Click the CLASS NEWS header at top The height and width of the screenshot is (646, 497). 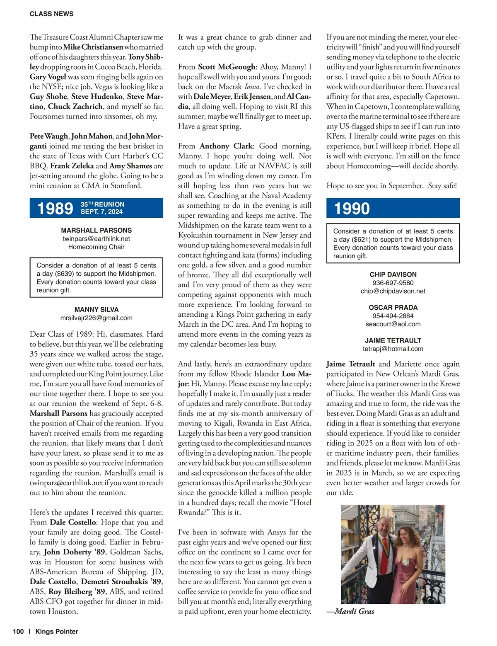tap(51, 14)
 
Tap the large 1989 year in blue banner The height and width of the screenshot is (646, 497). tap(55, 208)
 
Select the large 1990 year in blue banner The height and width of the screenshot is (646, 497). tap(352, 208)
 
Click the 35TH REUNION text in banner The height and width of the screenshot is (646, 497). tap(102, 204)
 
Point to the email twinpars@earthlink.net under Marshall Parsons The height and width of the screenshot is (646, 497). tap(96, 239)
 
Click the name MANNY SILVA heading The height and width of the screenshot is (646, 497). tap(97, 309)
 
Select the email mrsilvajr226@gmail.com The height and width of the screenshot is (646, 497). tap(97, 318)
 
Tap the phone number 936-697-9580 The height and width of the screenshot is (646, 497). tap(393, 283)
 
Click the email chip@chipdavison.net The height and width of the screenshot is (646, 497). tap(393, 291)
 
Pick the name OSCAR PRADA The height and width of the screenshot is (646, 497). tap(393, 307)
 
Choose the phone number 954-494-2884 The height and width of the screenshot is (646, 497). tap(393, 316)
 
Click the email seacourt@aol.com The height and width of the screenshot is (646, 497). tap(393, 324)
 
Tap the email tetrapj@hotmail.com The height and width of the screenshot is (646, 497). tap(393, 349)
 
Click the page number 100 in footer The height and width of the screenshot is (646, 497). tap(18, 631)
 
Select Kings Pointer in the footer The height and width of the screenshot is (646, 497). tap(57, 631)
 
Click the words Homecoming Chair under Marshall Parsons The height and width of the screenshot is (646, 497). tap(97, 247)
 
